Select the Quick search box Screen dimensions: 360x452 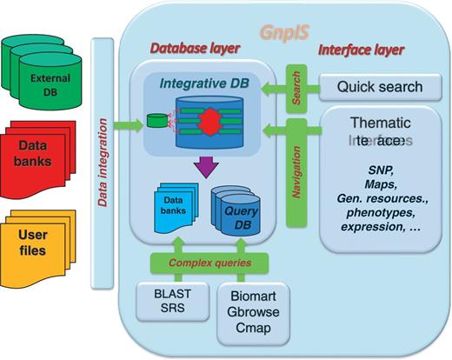(x=379, y=87)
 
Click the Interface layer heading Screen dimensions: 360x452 (x=362, y=50)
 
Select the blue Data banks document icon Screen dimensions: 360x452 (x=178, y=205)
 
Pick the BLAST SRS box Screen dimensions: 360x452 (x=165, y=301)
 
